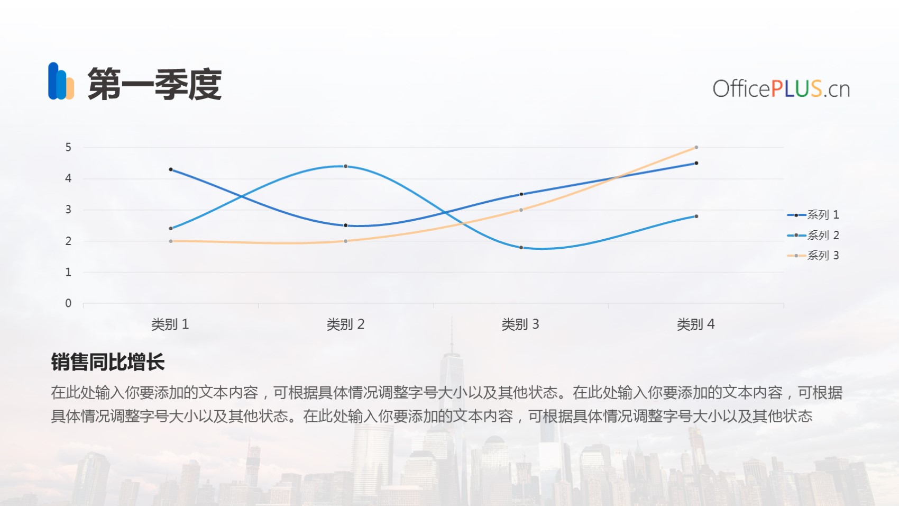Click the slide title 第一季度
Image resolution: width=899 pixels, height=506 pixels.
[x=154, y=84]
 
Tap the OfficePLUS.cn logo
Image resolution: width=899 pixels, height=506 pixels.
[x=781, y=88]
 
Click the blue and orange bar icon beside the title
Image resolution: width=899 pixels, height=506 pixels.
[x=61, y=81]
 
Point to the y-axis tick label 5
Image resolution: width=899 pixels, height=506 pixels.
[x=68, y=147]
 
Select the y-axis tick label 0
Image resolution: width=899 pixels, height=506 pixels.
[x=68, y=303]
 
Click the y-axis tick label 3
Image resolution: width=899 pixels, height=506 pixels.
[x=68, y=210]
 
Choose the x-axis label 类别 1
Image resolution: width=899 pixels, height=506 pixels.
[x=170, y=324]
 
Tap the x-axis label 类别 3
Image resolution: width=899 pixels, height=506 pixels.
[x=520, y=324]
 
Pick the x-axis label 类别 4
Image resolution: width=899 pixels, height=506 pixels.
[x=696, y=324]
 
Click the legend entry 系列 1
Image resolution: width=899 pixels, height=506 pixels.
[x=813, y=215]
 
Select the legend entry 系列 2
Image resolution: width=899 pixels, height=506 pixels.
[x=813, y=236]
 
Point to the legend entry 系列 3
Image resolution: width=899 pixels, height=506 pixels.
[x=813, y=256]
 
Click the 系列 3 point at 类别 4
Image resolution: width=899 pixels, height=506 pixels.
[x=696, y=147]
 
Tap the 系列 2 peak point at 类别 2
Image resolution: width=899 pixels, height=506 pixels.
[x=345, y=166]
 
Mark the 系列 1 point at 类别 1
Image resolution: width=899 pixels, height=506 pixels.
[x=171, y=169]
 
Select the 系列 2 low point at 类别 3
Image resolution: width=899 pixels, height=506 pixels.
[x=521, y=247]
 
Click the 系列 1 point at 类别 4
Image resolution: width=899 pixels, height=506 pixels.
[x=696, y=163]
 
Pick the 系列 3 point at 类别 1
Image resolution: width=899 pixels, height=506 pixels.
[x=171, y=241]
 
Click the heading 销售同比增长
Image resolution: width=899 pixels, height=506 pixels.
[x=107, y=362]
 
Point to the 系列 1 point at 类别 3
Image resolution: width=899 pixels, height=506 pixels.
[x=521, y=194]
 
